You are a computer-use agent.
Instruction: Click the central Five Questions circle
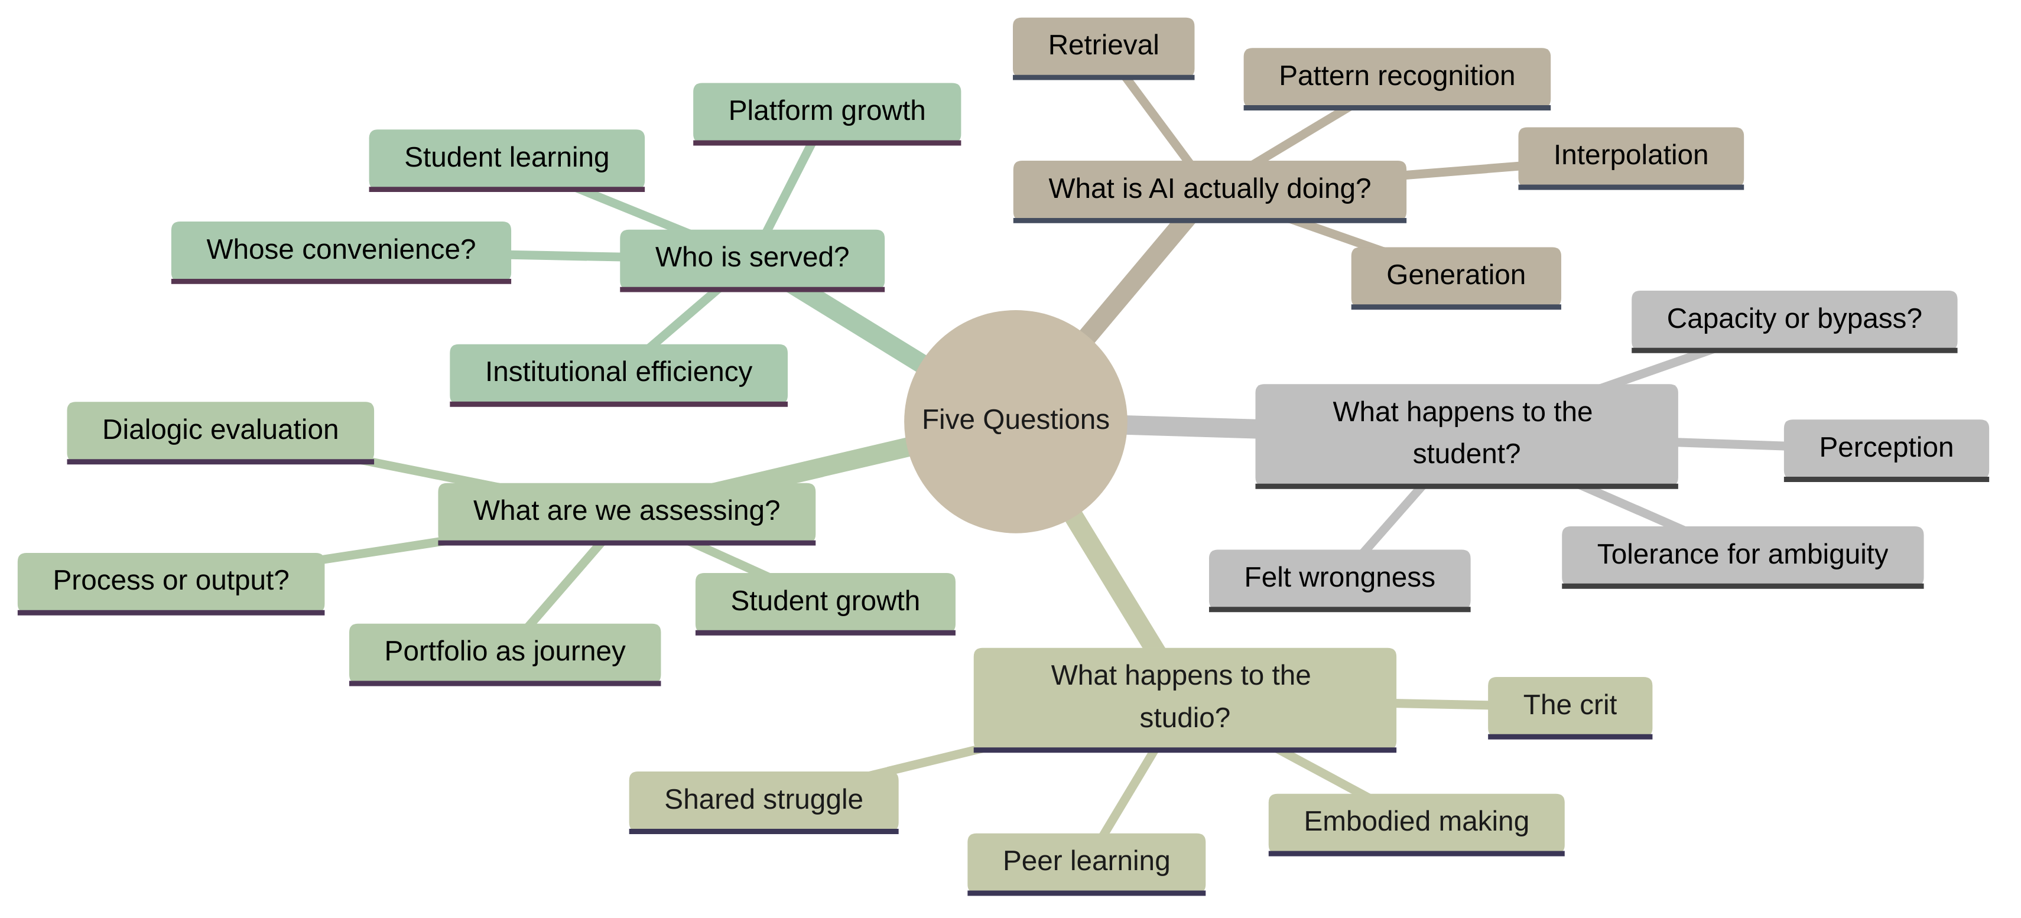pos(1015,421)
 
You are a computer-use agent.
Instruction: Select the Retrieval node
pos(1103,45)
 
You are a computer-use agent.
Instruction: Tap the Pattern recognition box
pos(1396,76)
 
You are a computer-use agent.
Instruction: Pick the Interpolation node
pos(1630,155)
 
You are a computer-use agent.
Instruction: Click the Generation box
pos(1455,275)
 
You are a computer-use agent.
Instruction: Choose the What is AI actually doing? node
pos(1209,189)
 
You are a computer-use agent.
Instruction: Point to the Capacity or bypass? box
pos(1793,320)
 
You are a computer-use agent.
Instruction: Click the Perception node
pos(1885,447)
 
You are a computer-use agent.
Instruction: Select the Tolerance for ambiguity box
pos(1741,555)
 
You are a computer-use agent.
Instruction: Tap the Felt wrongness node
pos(1338,578)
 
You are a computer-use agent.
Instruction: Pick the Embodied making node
pos(1415,822)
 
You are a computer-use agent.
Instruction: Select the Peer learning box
pos(1086,861)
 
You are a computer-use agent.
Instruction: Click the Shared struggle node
pos(762,799)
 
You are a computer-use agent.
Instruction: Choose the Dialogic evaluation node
pos(220,430)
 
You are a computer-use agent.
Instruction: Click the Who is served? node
pos(752,258)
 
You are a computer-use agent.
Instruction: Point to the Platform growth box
pos(826,112)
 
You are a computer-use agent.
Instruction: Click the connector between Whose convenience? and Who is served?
pos(566,255)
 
